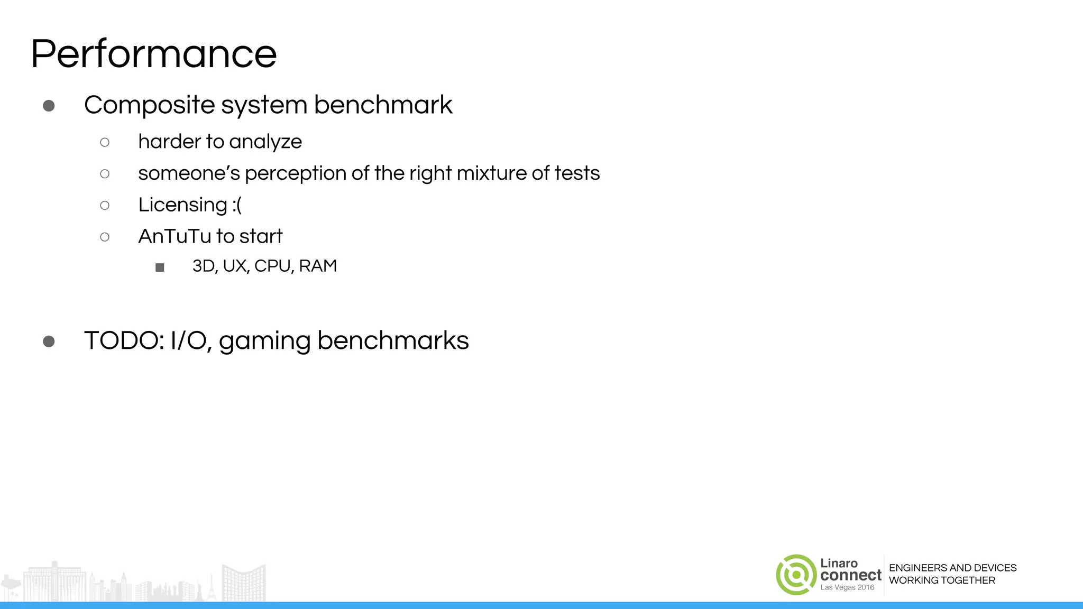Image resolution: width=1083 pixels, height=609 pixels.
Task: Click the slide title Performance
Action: point(153,54)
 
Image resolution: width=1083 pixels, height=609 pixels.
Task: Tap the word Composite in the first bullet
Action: point(149,105)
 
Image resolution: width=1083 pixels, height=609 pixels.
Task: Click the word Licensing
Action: point(182,205)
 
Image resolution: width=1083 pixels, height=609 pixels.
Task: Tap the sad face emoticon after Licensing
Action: point(237,205)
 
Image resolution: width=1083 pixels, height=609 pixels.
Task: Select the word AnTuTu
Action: point(175,236)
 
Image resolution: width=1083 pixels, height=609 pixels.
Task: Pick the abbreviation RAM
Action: point(318,266)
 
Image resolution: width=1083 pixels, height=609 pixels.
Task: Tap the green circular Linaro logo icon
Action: point(796,575)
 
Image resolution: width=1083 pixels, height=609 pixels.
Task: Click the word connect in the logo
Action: point(851,575)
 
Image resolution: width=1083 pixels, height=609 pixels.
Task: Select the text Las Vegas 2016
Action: point(847,588)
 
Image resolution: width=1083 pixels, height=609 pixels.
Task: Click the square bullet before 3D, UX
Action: point(160,267)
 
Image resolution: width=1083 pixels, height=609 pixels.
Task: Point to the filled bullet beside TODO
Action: point(49,342)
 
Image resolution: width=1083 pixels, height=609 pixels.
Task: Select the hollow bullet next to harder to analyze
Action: point(105,142)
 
